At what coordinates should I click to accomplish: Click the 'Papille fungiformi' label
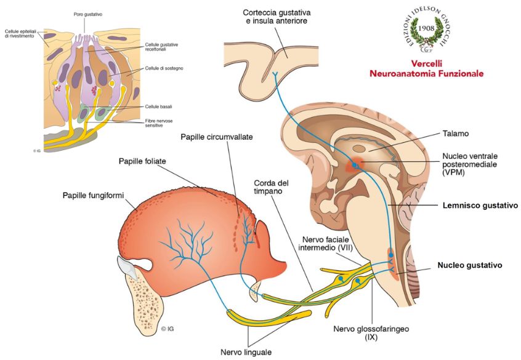click(x=93, y=196)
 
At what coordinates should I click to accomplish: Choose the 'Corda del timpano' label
click(x=272, y=188)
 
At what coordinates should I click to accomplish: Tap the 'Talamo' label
click(x=455, y=133)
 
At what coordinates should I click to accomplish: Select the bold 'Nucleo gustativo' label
click(x=470, y=265)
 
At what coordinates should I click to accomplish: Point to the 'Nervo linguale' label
click(x=245, y=352)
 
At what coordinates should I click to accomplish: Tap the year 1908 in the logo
click(x=430, y=28)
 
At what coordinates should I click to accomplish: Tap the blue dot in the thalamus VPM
click(x=355, y=166)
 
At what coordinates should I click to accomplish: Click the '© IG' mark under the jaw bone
click(x=168, y=329)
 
